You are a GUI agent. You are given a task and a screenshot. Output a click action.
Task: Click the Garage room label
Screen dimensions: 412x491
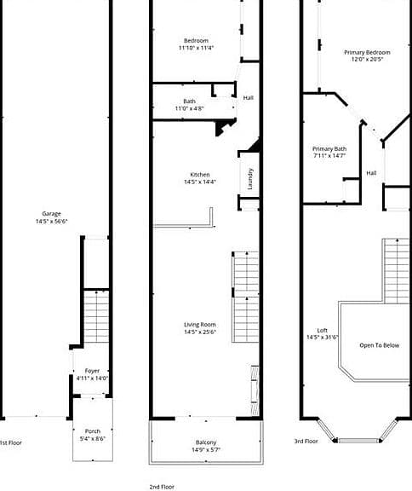(52, 214)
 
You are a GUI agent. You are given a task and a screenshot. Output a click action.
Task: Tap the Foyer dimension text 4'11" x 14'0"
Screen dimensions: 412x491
(92, 378)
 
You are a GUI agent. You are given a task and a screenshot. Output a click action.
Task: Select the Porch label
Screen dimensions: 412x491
(93, 431)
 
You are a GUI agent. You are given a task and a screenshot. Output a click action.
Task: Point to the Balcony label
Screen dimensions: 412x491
(206, 442)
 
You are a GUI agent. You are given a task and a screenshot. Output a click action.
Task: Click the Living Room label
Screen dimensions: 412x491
(200, 325)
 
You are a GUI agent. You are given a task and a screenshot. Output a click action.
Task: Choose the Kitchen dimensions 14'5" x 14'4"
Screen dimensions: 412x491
(200, 182)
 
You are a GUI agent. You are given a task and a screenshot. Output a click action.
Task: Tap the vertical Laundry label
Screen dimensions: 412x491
(249, 179)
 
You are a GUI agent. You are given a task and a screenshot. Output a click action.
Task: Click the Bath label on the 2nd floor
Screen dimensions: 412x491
(190, 101)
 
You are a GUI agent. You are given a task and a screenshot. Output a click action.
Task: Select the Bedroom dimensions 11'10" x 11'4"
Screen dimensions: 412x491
(196, 48)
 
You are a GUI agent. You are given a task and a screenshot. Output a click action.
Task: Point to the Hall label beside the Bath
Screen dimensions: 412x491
(249, 98)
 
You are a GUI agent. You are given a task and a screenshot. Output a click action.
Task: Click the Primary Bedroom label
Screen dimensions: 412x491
(367, 52)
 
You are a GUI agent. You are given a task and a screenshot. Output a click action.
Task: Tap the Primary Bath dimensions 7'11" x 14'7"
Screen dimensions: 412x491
(329, 156)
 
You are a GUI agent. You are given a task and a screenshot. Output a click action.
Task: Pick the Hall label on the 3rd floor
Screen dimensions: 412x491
(371, 173)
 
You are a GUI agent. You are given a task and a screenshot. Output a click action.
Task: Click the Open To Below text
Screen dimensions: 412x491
(380, 345)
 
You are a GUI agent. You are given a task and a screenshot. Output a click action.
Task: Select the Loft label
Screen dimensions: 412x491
(323, 331)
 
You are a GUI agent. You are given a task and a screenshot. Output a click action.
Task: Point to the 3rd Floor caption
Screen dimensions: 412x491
(306, 442)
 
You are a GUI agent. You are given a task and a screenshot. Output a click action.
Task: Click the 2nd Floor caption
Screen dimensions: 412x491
(162, 487)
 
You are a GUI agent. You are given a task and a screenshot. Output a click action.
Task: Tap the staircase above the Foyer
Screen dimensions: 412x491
(96, 316)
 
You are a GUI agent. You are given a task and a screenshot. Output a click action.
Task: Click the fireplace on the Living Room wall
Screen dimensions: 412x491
(255, 390)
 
